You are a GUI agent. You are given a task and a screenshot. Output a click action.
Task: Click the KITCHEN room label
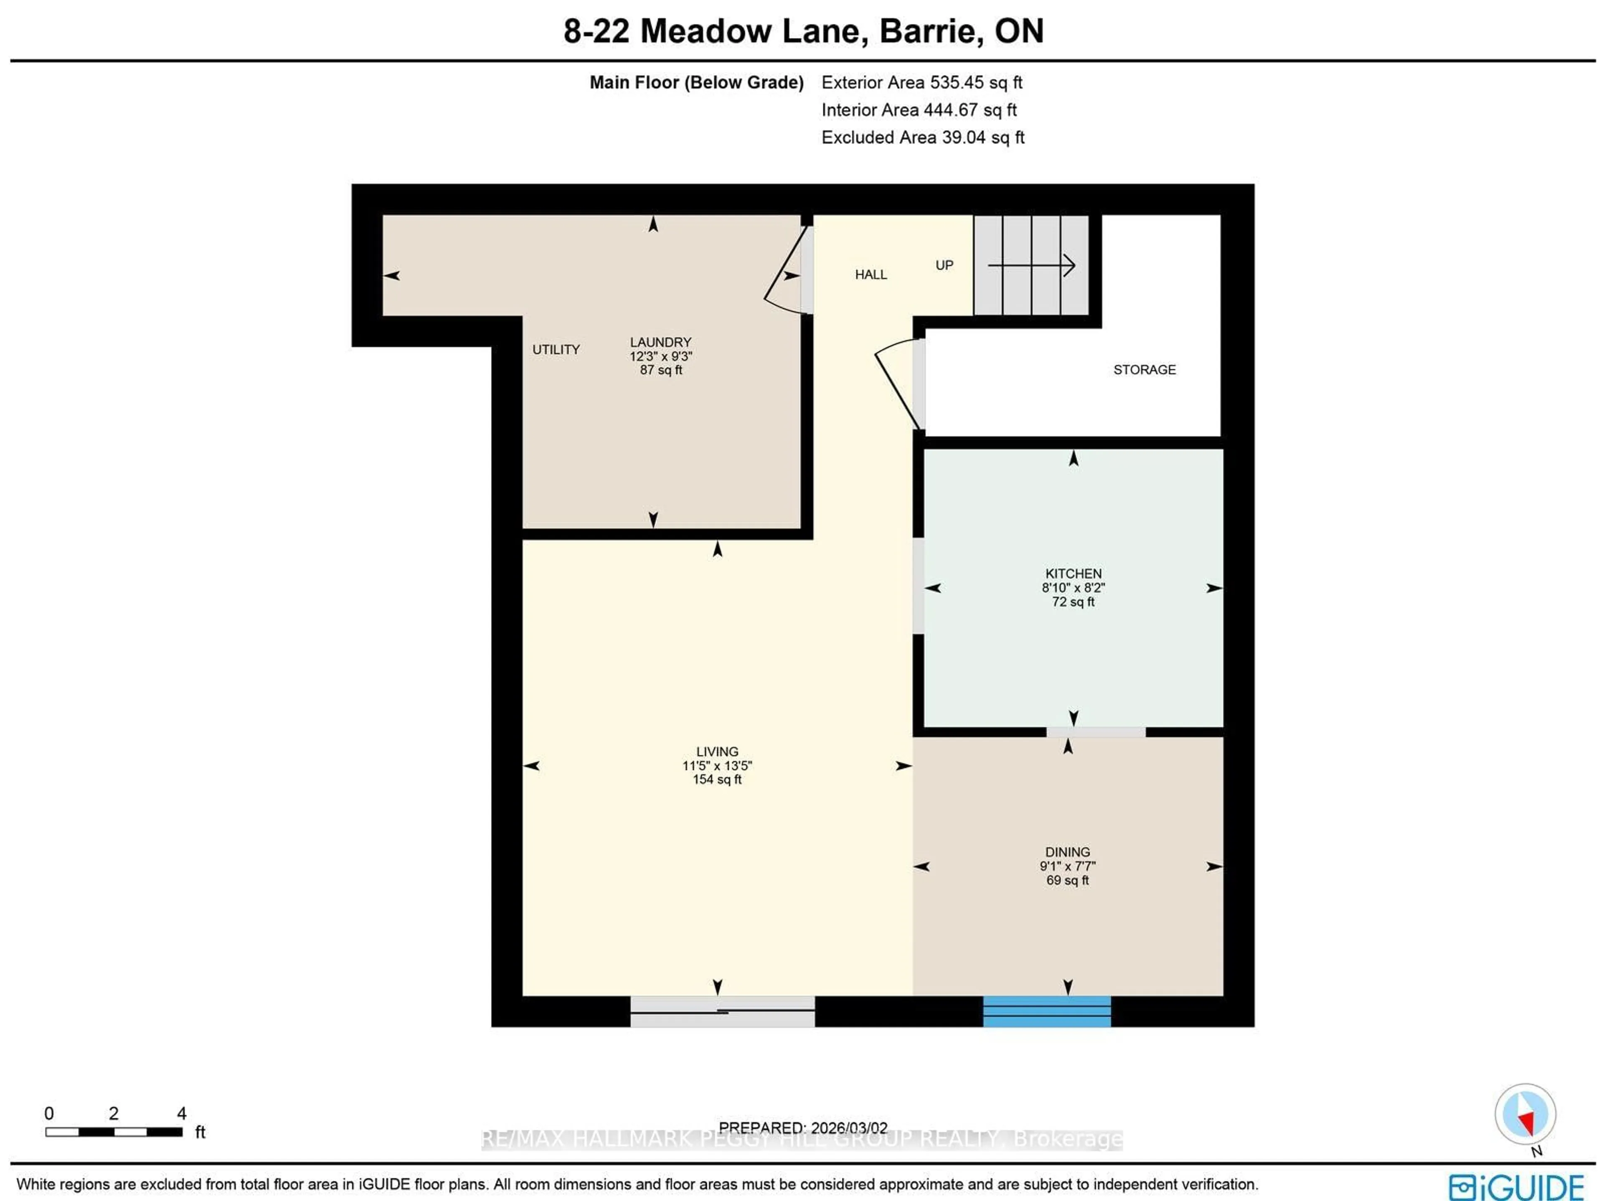1073,574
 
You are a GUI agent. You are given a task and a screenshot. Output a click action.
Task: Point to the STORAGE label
1144,370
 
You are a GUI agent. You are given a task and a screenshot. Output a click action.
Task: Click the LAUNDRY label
660,342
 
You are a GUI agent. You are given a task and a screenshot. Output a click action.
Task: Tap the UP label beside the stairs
944,265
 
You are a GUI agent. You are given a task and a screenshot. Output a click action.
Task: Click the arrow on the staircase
1031,265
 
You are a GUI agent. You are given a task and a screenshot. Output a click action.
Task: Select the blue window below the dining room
1046,1011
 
